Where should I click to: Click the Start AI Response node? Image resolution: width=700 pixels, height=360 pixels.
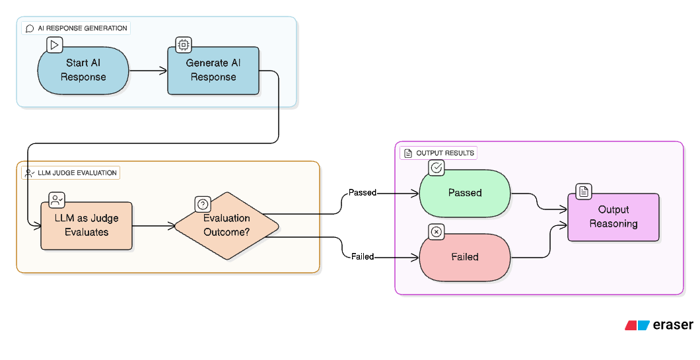pyautogui.click(x=83, y=70)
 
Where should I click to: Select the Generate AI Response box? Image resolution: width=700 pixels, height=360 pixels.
pyautogui.click(x=213, y=70)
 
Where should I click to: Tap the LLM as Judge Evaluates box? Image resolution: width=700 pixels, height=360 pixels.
pyautogui.click(x=86, y=225)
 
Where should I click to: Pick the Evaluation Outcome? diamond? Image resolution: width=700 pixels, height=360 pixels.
pyautogui.click(x=227, y=225)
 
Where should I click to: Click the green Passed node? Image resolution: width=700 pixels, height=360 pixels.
pyautogui.click(x=465, y=193)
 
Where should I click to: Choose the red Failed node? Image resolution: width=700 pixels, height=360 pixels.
pyautogui.click(x=465, y=256)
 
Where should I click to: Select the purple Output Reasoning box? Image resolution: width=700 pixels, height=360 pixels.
pyautogui.click(x=613, y=217)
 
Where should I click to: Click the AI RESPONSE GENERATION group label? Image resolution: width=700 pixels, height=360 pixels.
pyautogui.click(x=77, y=28)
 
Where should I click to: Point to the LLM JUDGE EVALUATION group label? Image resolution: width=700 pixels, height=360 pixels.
pyautogui.click(x=71, y=173)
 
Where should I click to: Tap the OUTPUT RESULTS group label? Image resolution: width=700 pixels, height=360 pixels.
pyautogui.click(x=439, y=153)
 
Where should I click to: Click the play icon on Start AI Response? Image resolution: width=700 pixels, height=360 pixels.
pyautogui.click(x=55, y=45)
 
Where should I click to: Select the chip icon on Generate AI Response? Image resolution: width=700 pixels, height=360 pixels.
pyautogui.click(x=184, y=45)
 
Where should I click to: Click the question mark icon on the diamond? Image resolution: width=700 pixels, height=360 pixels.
pyautogui.click(x=203, y=205)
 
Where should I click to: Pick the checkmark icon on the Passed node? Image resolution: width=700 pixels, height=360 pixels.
pyautogui.click(x=436, y=168)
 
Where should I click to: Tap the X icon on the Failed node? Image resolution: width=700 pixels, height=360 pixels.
pyautogui.click(x=436, y=232)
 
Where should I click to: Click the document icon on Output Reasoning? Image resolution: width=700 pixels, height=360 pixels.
pyautogui.click(x=584, y=192)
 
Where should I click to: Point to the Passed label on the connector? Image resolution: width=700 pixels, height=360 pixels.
pyautogui.click(x=363, y=193)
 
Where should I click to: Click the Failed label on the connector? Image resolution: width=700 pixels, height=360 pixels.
pyautogui.click(x=363, y=256)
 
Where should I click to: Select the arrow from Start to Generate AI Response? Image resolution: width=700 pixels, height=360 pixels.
pyautogui.click(x=148, y=70)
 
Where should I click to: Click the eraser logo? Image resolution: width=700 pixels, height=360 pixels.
pyautogui.click(x=658, y=325)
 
